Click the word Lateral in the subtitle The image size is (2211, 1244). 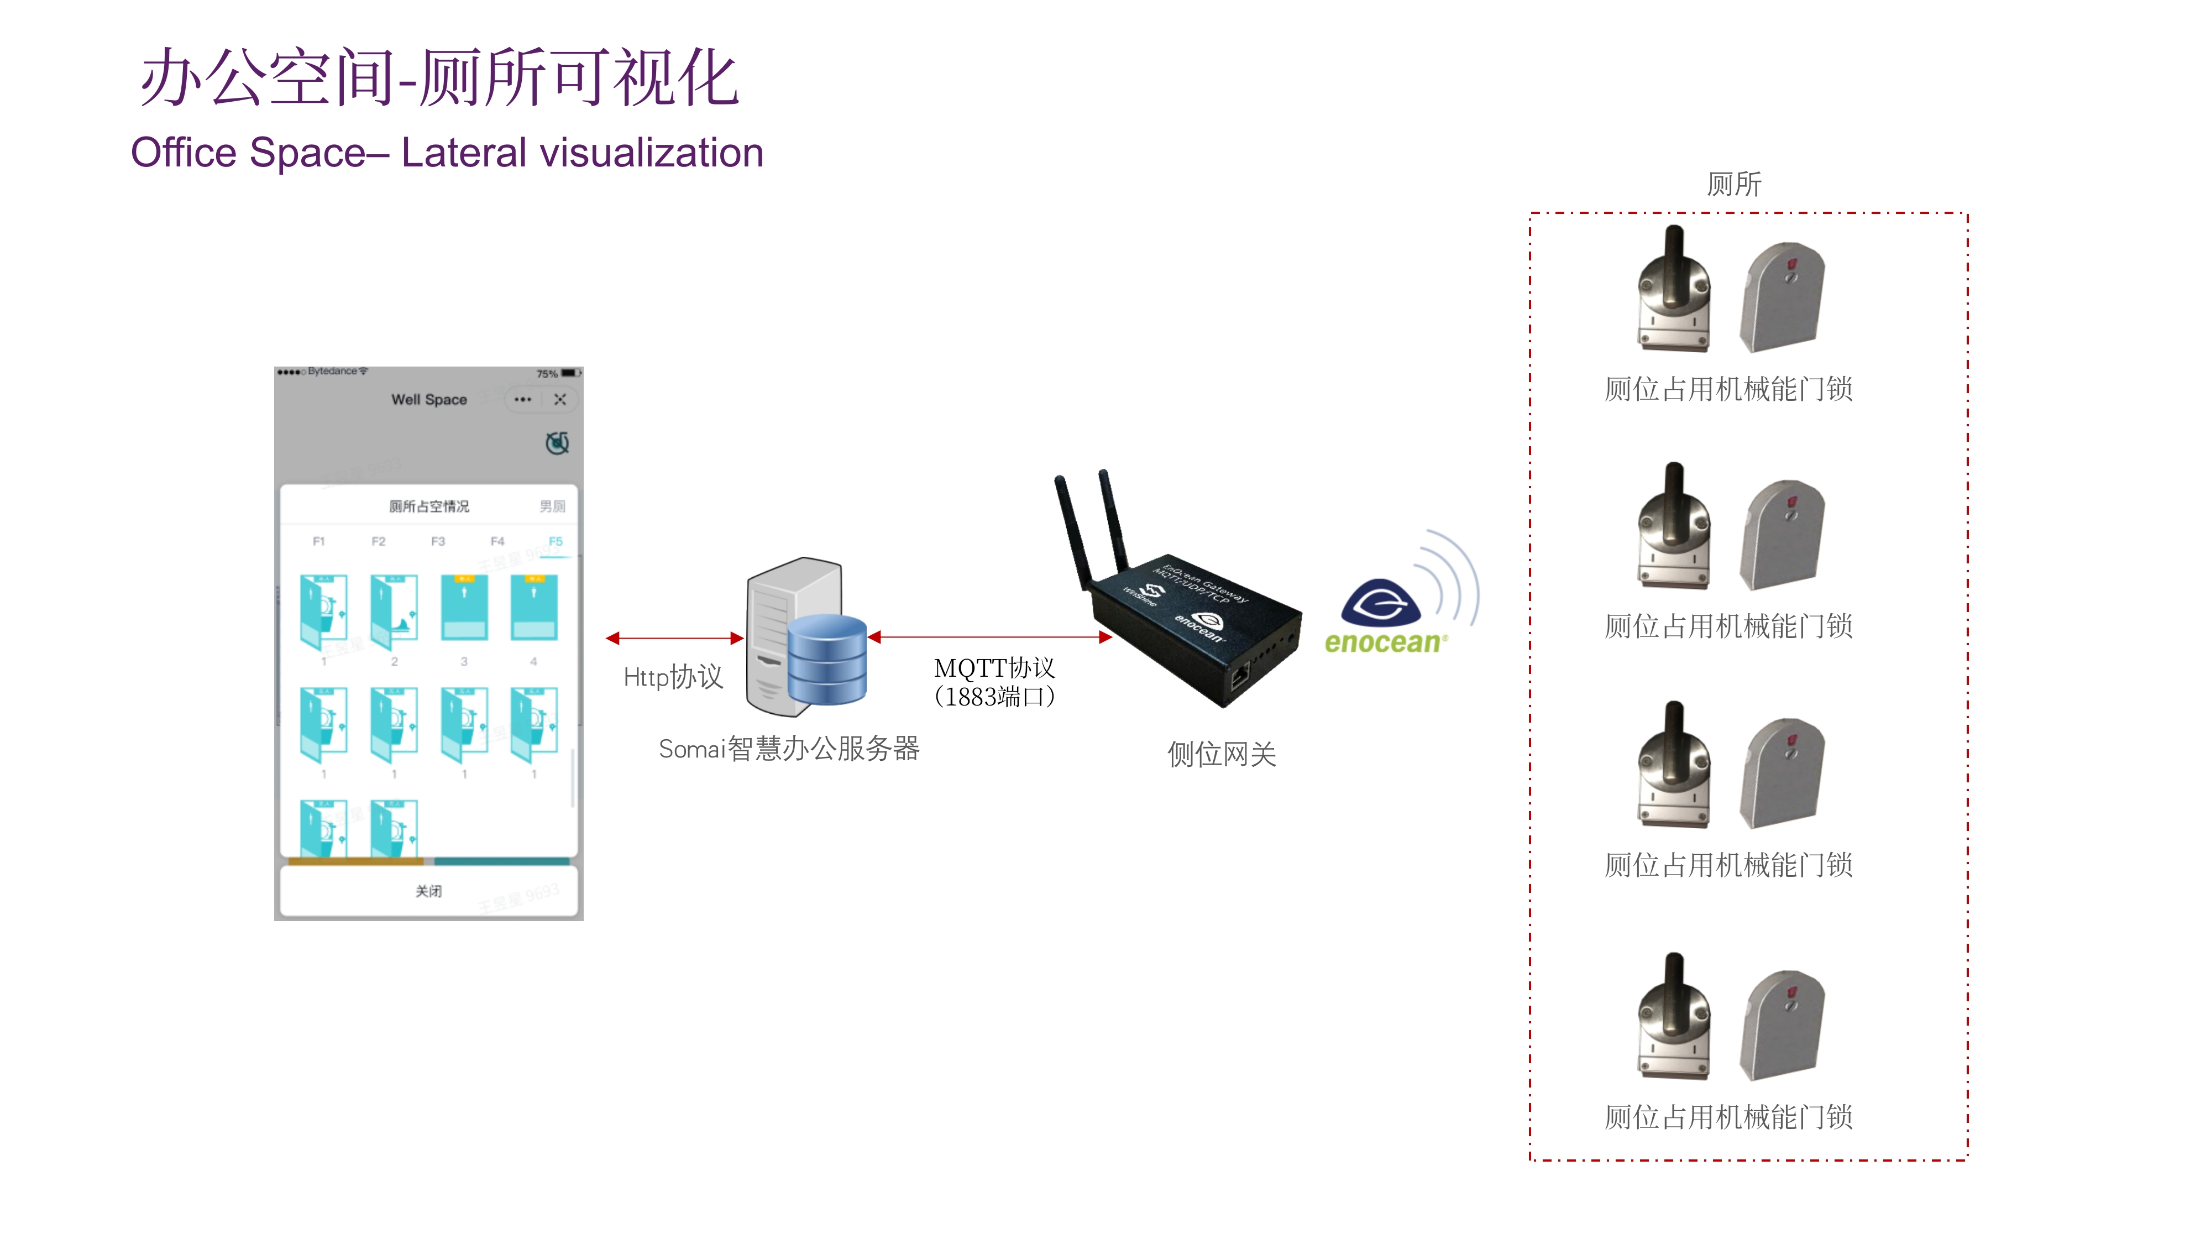464,153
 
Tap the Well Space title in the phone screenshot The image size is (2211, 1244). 429,399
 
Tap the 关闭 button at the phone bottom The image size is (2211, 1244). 428,891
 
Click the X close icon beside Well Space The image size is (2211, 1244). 559,399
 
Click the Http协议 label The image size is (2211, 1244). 673,677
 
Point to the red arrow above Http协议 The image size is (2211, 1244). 674,638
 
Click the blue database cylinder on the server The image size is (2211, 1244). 826,660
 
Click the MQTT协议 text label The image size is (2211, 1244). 994,668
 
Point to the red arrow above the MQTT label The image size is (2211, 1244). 991,637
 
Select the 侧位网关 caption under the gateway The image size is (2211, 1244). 1222,754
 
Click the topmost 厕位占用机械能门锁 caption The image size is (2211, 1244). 1728,389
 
